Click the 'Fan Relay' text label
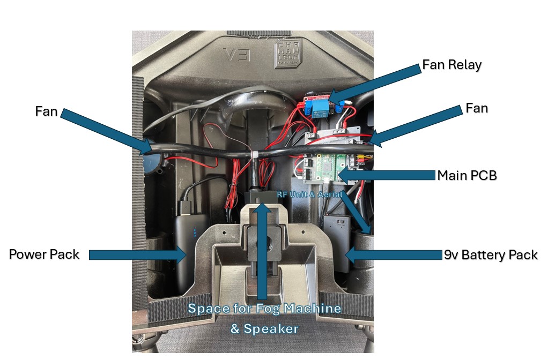(451, 65)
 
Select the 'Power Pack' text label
(44, 254)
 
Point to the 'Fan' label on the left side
(46, 111)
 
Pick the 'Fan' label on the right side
(476, 108)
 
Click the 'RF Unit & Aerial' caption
(309, 194)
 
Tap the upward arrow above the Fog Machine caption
(262, 246)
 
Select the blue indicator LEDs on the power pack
(195, 233)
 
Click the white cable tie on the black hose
(256, 155)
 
